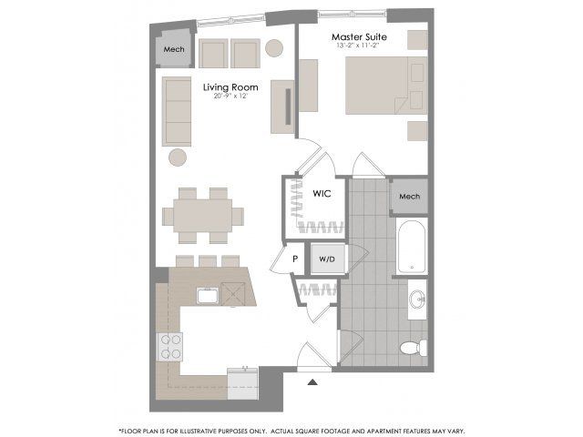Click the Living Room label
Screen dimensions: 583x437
coord(230,87)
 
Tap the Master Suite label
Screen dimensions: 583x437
coord(359,36)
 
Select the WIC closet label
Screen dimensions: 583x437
coord(322,194)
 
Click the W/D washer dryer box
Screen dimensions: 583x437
coord(327,259)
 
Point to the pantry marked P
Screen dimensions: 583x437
coord(295,259)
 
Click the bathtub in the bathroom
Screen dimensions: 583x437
coord(412,247)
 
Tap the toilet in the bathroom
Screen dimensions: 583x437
coord(414,348)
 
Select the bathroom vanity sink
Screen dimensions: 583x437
coord(417,300)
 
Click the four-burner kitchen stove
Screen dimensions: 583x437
coord(170,347)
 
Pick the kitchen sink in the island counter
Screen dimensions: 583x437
coord(209,296)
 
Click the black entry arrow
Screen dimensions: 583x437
coord(312,381)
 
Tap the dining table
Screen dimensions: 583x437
coord(202,216)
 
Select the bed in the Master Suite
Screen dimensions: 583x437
coord(386,86)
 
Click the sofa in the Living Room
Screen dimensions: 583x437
coord(177,111)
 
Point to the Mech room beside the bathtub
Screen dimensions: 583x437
coord(409,197)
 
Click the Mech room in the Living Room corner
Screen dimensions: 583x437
coord(174,49)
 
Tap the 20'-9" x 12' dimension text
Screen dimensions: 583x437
coord(230,96)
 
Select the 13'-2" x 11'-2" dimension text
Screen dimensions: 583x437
coord(359,46)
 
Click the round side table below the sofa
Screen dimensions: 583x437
coord(178,158)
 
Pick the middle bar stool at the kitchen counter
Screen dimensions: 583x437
coord(208,261)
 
